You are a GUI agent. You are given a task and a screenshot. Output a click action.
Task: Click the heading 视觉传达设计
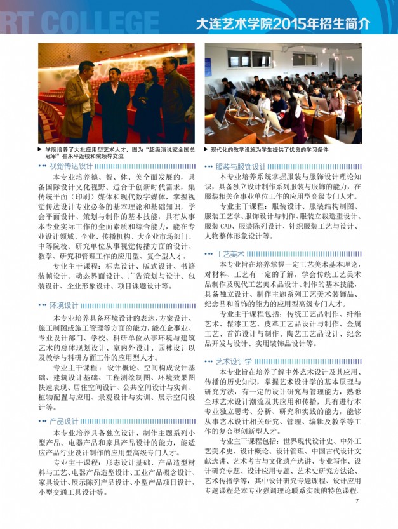71,166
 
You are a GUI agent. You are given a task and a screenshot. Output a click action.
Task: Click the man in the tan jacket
79,102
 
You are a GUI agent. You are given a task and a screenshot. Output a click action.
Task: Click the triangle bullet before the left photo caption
40,149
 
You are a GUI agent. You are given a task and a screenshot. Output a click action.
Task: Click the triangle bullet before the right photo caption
206,149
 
